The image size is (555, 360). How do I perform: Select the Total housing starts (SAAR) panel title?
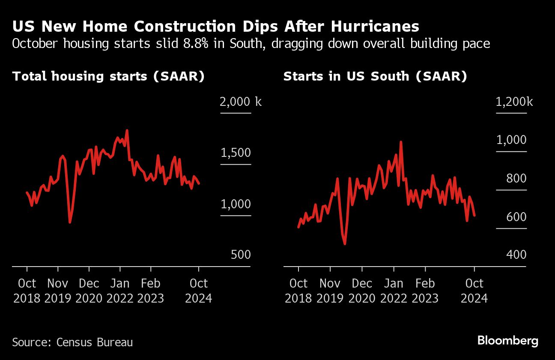tap(108, 76)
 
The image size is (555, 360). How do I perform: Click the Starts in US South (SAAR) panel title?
tap(375, 76)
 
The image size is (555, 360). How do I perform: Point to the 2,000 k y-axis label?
tap(240, 102)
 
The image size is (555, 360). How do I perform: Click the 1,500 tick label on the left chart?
tap(236, 153)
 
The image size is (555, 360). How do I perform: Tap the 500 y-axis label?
tap(241, 255)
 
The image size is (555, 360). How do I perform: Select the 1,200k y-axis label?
tap(514, 102)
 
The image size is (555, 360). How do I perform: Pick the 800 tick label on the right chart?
tap(516, 178)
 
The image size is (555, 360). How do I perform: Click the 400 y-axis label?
tap(516, 255)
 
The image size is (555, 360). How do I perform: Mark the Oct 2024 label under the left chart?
tap(199, 290)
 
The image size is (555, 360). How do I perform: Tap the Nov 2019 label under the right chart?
tap(330, 290)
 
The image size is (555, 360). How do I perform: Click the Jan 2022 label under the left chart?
tap(120, 290)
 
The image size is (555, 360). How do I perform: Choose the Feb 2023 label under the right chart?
tap(425, 290)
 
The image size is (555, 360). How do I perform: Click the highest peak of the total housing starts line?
tap(127, 130)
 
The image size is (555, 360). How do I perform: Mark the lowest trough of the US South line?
tap(345, 244)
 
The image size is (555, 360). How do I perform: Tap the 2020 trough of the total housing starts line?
tap(70, 222)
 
